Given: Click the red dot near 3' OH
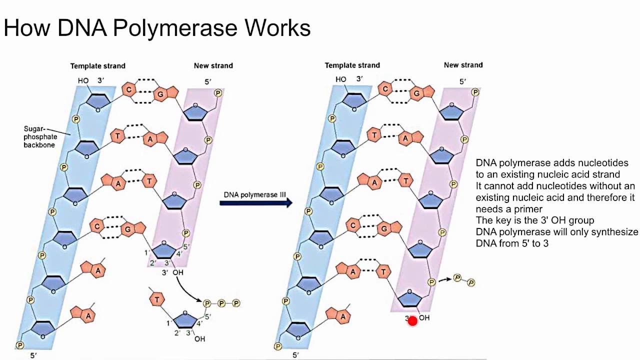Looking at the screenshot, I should point(412,321).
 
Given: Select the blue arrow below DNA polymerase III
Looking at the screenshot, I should point(255,202).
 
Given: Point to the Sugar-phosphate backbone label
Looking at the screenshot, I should point(40,136).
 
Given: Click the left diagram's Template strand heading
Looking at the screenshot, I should point(97,65).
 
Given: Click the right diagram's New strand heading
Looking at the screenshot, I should point(463,65).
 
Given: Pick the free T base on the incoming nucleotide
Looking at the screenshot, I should point(157,299).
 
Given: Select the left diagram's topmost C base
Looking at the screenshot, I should point(129,89).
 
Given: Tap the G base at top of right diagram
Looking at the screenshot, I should point(417,93).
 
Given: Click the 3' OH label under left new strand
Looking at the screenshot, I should point(172,272).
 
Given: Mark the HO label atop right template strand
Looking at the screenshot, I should point(341,79).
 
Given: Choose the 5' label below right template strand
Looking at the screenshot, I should point(295,355).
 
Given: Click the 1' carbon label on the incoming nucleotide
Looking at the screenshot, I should point(168,323).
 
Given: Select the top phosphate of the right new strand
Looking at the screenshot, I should point(475,92).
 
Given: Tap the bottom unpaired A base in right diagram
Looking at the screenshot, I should point(342,316).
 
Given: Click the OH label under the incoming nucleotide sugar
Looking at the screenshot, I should point(199,339).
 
